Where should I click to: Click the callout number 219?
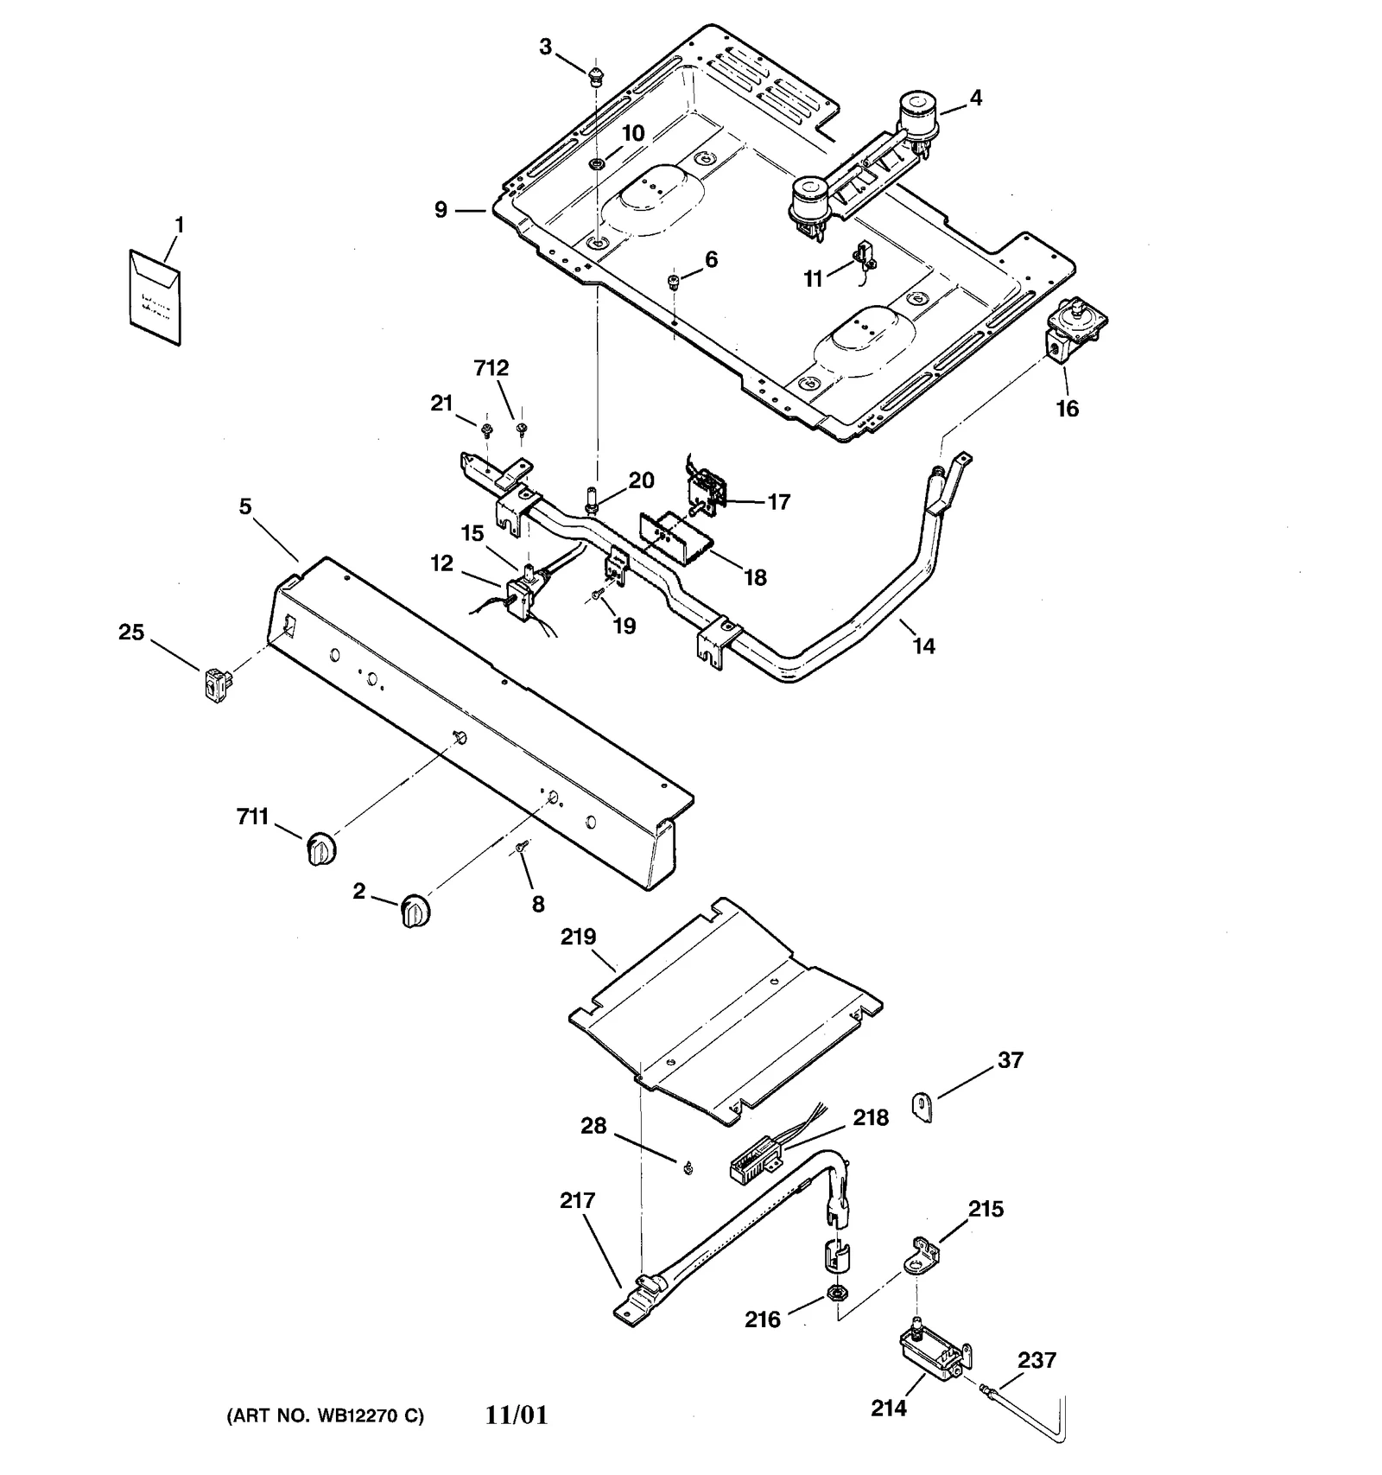coord(578,936)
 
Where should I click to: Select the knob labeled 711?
coord(320,848)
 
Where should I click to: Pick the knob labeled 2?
coord(415,911)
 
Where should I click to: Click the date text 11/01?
coord(517,1415)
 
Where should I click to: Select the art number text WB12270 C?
coord(325,1417)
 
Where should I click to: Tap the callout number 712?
coord(491,368)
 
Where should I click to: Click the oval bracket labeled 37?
coord(922,1106)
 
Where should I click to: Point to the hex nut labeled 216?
coord(836,1293)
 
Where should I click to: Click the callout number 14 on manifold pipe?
coord(923,645)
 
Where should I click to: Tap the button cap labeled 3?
coord(595,78)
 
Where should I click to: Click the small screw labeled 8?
coord(521,850)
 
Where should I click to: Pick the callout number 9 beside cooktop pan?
coord(441,210)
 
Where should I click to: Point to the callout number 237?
coord(1036,1360)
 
